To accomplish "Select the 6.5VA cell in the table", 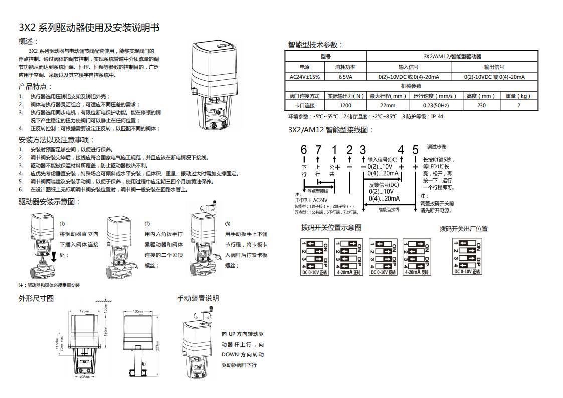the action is [x=345, y=77].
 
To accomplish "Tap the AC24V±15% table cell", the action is [x=305, y=77].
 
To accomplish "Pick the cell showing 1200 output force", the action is [x=345, y=106].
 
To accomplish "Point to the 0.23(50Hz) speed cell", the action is [x=435, y=106].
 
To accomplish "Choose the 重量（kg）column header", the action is [x=518, y=96].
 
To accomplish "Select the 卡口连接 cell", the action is [x=305, y=106].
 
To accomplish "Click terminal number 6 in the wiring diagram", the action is [x=304, y=150].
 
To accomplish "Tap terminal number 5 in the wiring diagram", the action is [x=415, y=150].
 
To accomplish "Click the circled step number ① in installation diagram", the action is [x=62, y=224].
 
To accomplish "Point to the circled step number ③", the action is [x=228, y=224].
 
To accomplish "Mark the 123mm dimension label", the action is [x=84, y=311].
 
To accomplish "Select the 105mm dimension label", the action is [x=138, y=311].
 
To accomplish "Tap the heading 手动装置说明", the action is [x=198, y=298].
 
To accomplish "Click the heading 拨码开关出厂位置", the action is [x=463, y=229].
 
